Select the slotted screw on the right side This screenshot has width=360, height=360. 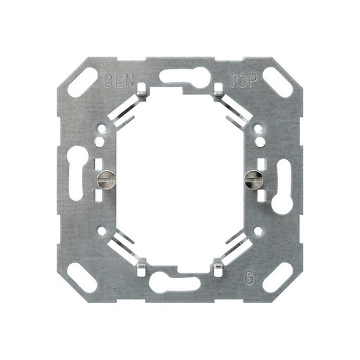coord(253,177)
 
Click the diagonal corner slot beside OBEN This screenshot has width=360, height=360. coord(81,82)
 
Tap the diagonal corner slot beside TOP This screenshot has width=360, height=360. coord(278,82)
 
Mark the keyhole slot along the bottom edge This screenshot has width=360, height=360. coord(174,282)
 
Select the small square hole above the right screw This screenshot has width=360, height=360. coord(261,162)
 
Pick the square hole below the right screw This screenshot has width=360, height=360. coord(261,194)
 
